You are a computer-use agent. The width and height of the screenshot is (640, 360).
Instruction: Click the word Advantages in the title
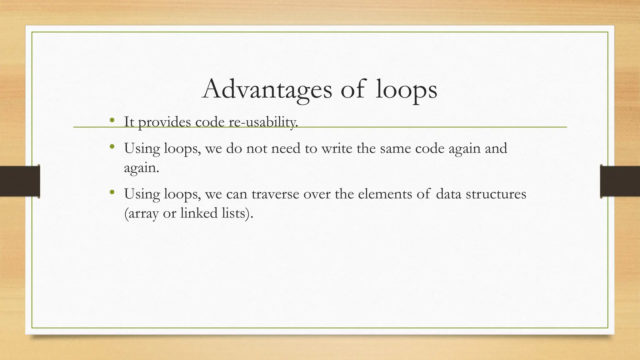click(267, 90)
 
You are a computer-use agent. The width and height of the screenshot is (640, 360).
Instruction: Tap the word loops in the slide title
click(406, 90)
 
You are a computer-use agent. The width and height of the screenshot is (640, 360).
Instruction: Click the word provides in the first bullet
click(164, 122)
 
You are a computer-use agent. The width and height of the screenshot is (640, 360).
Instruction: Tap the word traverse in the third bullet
click(275, 194)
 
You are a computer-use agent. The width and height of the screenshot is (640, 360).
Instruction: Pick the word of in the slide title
click(352, 90)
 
